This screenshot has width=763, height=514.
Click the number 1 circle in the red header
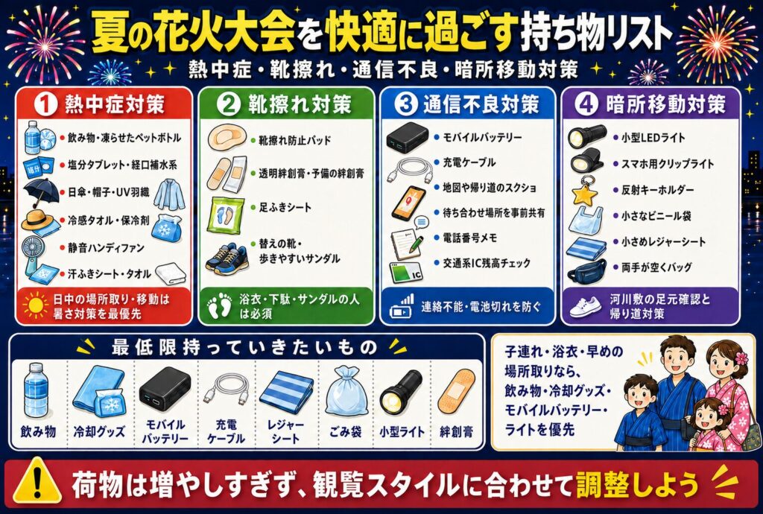pyautogui.click(x=45, y=104)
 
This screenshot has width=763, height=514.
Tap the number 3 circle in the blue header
pyautogui.click(x=406, y=104)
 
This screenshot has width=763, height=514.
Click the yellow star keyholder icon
pyautogui.click(x=584, y=191)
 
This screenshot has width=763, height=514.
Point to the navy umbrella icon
pyautogui.click(x=42, y=191)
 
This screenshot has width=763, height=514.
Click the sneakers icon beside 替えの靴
pyautogui.click(x=227, y=258)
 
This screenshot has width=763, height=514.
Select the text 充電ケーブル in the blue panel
pyautogui.click(x=469, y=162)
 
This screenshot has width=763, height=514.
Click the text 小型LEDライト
pyautogui.click(x=653, y=138)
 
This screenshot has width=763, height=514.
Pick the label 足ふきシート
pyautogui.click(x=285, y=208)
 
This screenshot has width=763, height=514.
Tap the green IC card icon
pyautogui.click(x=405, y=273)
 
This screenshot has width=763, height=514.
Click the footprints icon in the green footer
pyautogui.click(x=220, y=306)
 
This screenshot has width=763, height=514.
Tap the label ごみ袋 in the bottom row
pyautogui.click(x=345, y=431)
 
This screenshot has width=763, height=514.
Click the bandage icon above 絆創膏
pyautogui.click(x=456, y=390)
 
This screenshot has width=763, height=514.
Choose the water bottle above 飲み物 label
pyautogui.click(x=37, y=390)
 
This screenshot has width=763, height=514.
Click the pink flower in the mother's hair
pyautogui.click(x=741, y=358)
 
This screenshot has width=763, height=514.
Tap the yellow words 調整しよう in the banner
pyautogui.click(x=638, y=484)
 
